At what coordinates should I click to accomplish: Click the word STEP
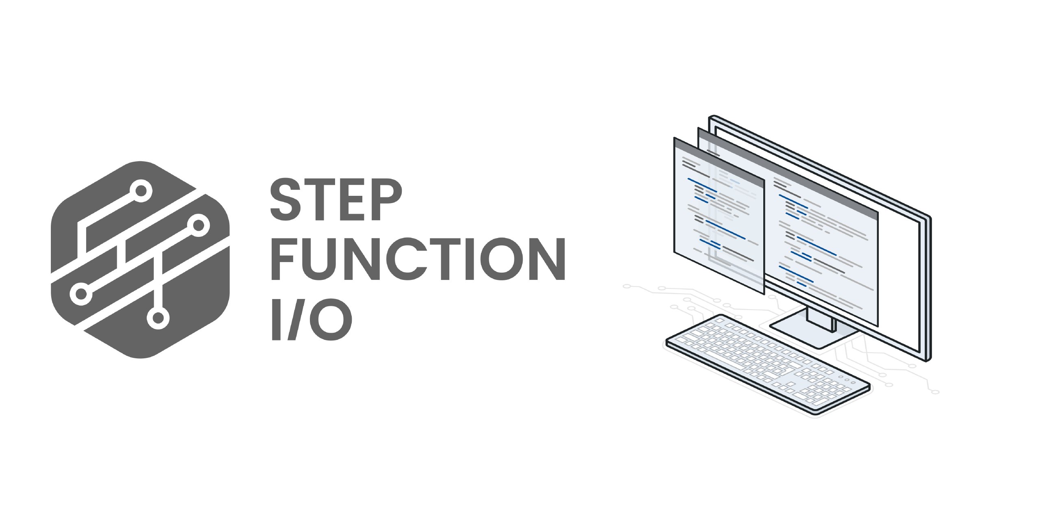(336, 200)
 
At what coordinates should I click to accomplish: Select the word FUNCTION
(418, 259)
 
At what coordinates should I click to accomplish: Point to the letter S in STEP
(286, 200)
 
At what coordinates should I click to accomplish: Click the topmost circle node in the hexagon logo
(141, 191)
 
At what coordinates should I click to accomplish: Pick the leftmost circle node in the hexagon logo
(81, 293)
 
